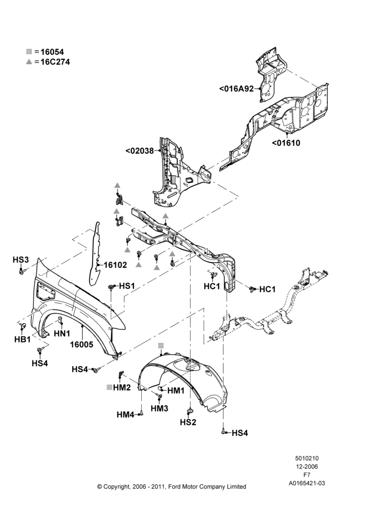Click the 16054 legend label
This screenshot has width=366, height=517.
pyautogui.click(x=52, y=52)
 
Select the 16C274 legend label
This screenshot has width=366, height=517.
pyautogui.click(x=55, y=62)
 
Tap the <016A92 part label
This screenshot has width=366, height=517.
pyautogui.click(x=236, y=89)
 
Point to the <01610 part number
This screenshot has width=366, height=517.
pyautogui.click(x=286, y=143)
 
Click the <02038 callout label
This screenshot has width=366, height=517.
pyautogui.click(x=140, y=151)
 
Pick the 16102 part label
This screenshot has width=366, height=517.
pyautogui.click(x=115, y=265)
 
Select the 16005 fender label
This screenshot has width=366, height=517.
pyautogui.click(x=82, y=344)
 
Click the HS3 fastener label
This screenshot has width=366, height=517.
pyautogui.click(x=21, y=260)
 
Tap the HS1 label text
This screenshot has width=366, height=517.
pyautogui.click(x=127, y=286)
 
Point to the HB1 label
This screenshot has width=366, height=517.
pyautogui.click(x=22, y=339)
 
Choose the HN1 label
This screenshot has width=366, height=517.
pyautogui.click(x=62, y=333)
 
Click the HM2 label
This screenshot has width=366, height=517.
pyautogui.click(x=122, y=387)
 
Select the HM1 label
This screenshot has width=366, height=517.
pyautogui.click(x=176, y=391)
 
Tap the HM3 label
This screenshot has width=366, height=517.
pyautogui.click(x=160, y=408)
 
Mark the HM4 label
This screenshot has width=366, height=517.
pyautogui.click(x=125, y=415)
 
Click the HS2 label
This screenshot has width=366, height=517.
pyautogui.click(x=188, y=422)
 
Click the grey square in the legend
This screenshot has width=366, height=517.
pyautogui.click(x=29, y=51)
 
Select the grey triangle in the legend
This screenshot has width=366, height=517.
pyautogui.click(x=29, y=62)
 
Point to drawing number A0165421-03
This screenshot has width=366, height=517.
pyautogui.click(x=307, y=483)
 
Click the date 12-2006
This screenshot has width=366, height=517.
pyautogui.click(x=307, y=466)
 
